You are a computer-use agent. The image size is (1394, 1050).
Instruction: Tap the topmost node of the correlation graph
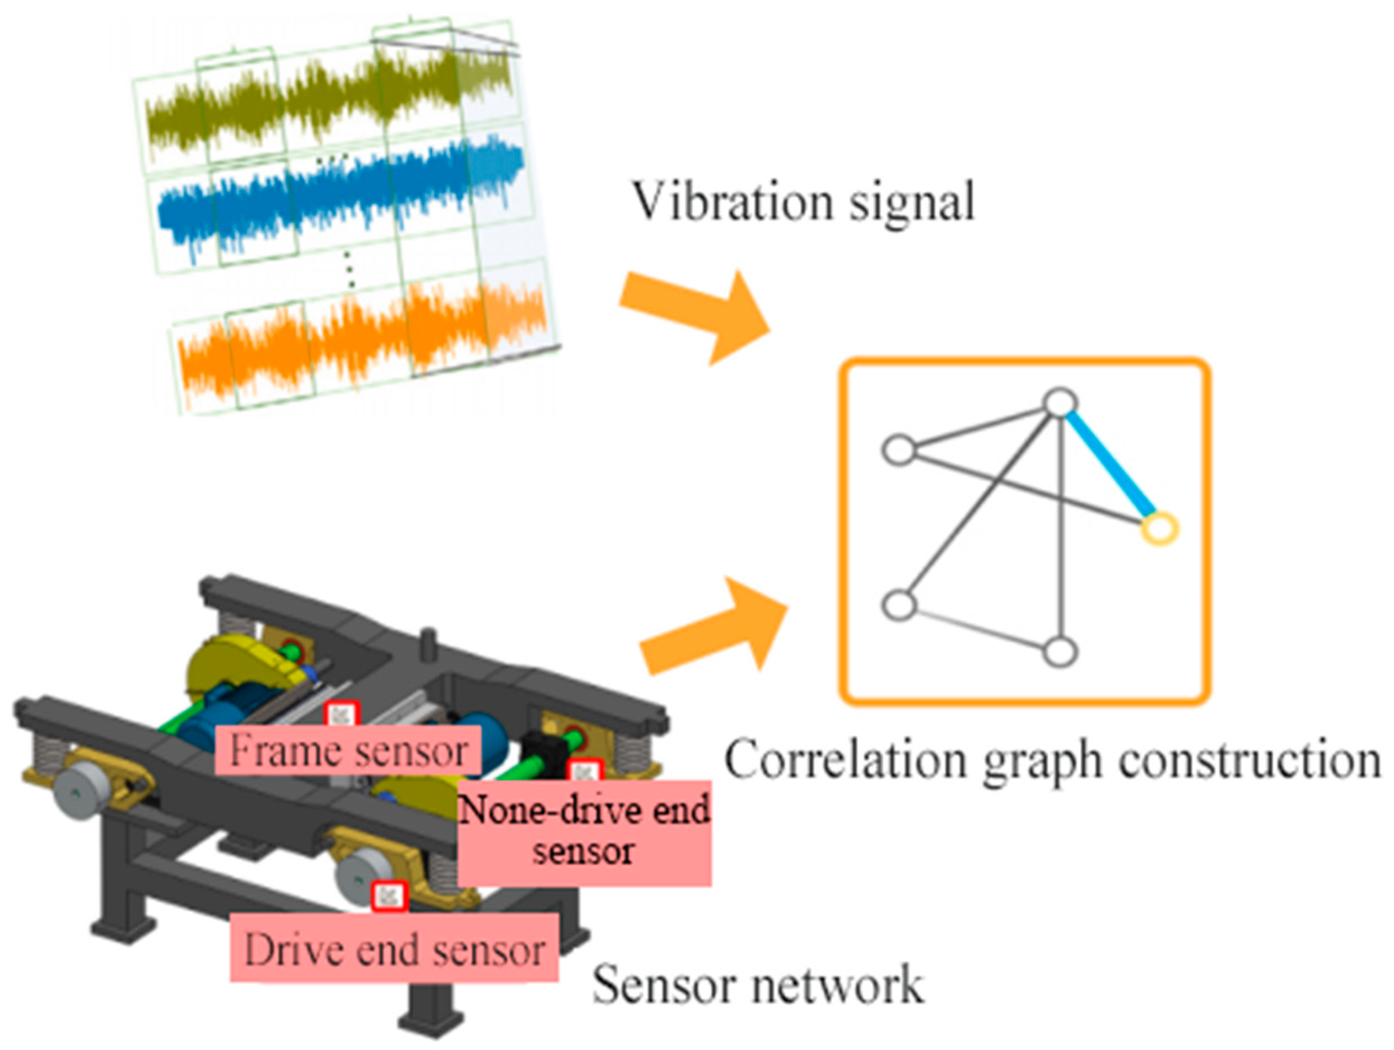click(1061, 402)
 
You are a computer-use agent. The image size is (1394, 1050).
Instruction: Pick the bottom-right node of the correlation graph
click(1061, 651)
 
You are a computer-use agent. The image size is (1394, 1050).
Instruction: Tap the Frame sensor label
click(348, 750)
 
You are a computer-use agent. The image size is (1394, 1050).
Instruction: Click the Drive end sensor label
click(394, 949)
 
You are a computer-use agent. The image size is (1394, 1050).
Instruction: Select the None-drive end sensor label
click(584, 831)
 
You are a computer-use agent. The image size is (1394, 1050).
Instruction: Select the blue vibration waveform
click(341, 195)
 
